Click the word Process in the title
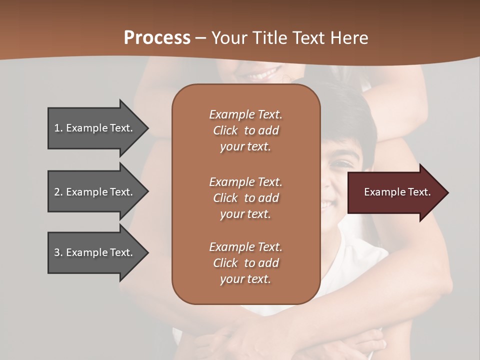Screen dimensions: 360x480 [x=157, y=38]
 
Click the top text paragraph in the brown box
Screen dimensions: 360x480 [x=245, y=130]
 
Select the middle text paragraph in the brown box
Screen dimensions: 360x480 [x=245, y=198]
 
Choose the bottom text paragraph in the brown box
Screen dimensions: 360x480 [x=245, y=263]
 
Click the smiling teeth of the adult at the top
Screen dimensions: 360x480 [x=260, y=76]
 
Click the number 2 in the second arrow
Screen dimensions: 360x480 [x=57, y=192]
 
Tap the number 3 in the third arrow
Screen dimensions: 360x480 [x=57, y=252]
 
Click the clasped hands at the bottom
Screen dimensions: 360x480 [x=280, y=340]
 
